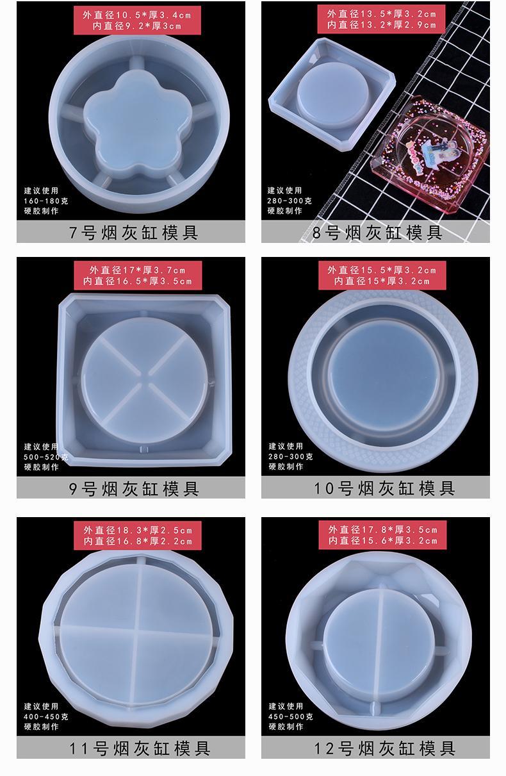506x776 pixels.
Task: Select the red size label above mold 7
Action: [x=137, y=21]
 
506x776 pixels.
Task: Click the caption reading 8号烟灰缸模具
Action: [x=377, y=233]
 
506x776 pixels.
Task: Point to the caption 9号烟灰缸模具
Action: [x=134, y=488]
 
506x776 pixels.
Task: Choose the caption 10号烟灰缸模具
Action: [x=384, y=488]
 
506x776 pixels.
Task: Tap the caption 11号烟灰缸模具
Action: [x=140, y=748]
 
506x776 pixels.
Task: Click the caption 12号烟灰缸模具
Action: [x=384, y=748]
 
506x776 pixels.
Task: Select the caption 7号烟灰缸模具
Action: [x=134, y=233]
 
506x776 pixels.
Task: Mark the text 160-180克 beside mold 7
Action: [x=46, y=201]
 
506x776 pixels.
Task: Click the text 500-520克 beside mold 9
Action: [x=46, y=457]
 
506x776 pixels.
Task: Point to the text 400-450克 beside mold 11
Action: [x=46, y=717]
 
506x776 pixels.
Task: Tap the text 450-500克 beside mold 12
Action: [x=291, y=717]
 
